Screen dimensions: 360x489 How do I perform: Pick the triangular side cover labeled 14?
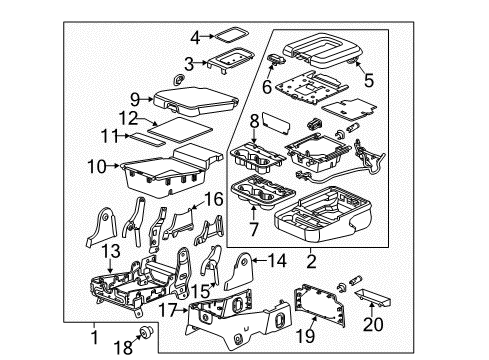240,272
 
